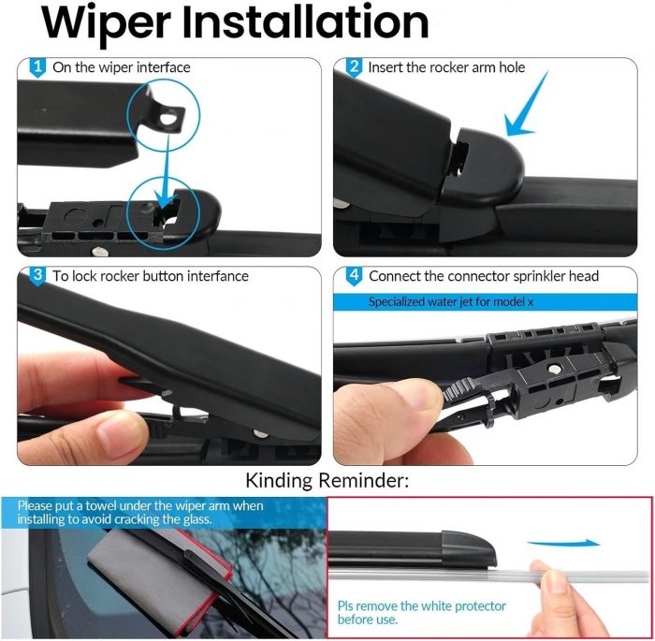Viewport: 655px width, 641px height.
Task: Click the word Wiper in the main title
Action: (x=107, y=23)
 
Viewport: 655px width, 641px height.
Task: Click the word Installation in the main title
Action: (x=305, y=21)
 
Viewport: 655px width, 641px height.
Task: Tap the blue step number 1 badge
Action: (x=37, y=67)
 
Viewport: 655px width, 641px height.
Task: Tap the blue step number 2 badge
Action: (x=354, y=67)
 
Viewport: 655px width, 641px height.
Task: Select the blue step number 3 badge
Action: (x=37, y=276)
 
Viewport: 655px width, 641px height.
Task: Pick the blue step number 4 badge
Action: (x=354, y=276)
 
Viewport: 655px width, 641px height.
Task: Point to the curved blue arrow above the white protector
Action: (x=563, y=543)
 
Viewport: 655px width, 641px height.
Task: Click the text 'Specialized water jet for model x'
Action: (x=451, y=301)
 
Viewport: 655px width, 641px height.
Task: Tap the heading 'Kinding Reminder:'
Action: (x=327, y=481)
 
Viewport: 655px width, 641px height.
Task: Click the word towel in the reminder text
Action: (x=102, y=505)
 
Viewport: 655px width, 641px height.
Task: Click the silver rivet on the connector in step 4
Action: (x=555, y=369)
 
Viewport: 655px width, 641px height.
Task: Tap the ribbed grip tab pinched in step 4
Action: (x=458, y=388)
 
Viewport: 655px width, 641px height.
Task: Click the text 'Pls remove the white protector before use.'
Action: (x=421, y=613)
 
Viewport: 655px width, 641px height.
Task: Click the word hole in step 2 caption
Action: (x=512, y=67)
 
